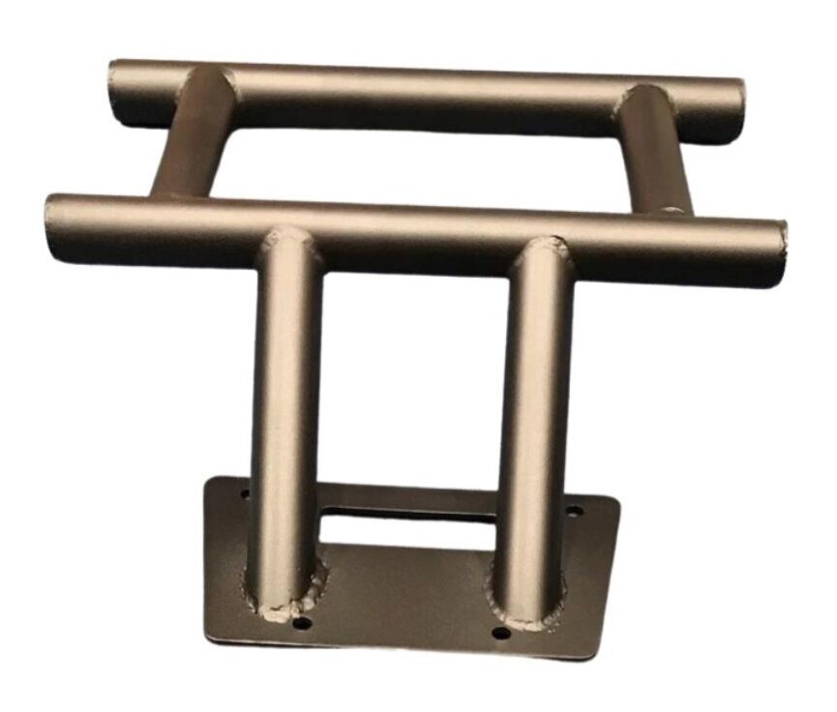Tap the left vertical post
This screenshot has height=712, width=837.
284,406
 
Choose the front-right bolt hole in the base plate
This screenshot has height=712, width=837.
500,634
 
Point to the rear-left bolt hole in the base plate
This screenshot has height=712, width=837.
245,494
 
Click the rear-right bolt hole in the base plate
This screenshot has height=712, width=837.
574,511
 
